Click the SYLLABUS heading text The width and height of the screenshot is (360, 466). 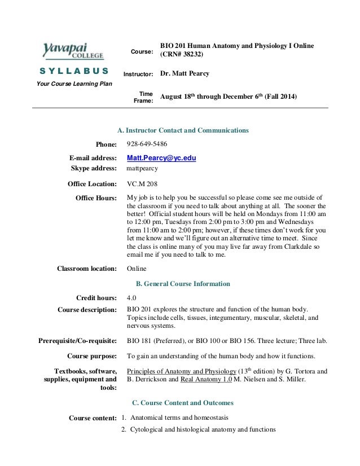[x=74, y=71]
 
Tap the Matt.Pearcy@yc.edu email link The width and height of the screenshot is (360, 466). [x=161, y=159]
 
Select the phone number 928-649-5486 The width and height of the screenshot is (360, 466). [x=147, y=144]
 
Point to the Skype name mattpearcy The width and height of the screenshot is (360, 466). [x=142, y=168]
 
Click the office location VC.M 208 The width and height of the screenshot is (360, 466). [x=142, y=183]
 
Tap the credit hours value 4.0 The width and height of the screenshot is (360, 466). [x=131, y=297]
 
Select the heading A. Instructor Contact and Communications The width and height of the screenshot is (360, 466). [x=183, y=130]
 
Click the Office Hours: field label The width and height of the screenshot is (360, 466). [x=96, y=198]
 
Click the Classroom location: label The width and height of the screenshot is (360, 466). [x=87, y=269]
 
